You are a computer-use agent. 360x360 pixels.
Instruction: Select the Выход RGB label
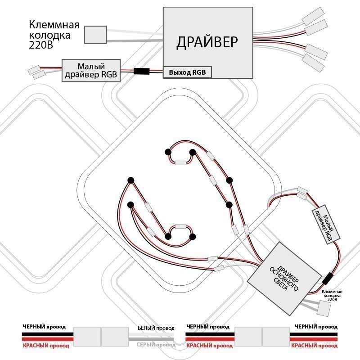coord(187,72)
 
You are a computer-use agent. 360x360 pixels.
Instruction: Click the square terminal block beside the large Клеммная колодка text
coord(95,34)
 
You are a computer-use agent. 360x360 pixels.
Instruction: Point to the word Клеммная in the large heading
coord(54,24)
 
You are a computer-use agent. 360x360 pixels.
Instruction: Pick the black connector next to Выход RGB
coord(142,71)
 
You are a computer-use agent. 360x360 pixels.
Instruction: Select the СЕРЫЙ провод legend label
coord(156,345)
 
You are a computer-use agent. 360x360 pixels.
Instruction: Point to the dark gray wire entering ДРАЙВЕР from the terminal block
coord(135,40)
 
